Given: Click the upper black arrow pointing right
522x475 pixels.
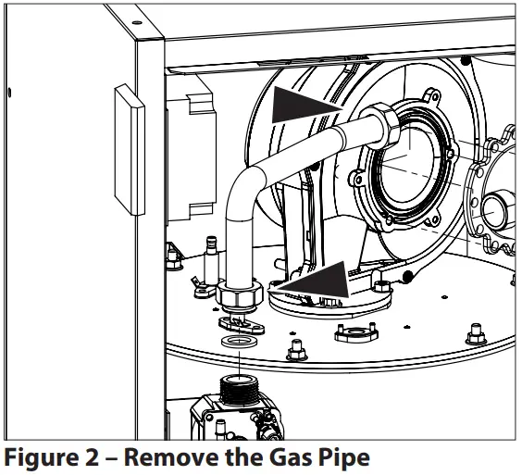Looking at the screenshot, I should click(301, 105).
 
